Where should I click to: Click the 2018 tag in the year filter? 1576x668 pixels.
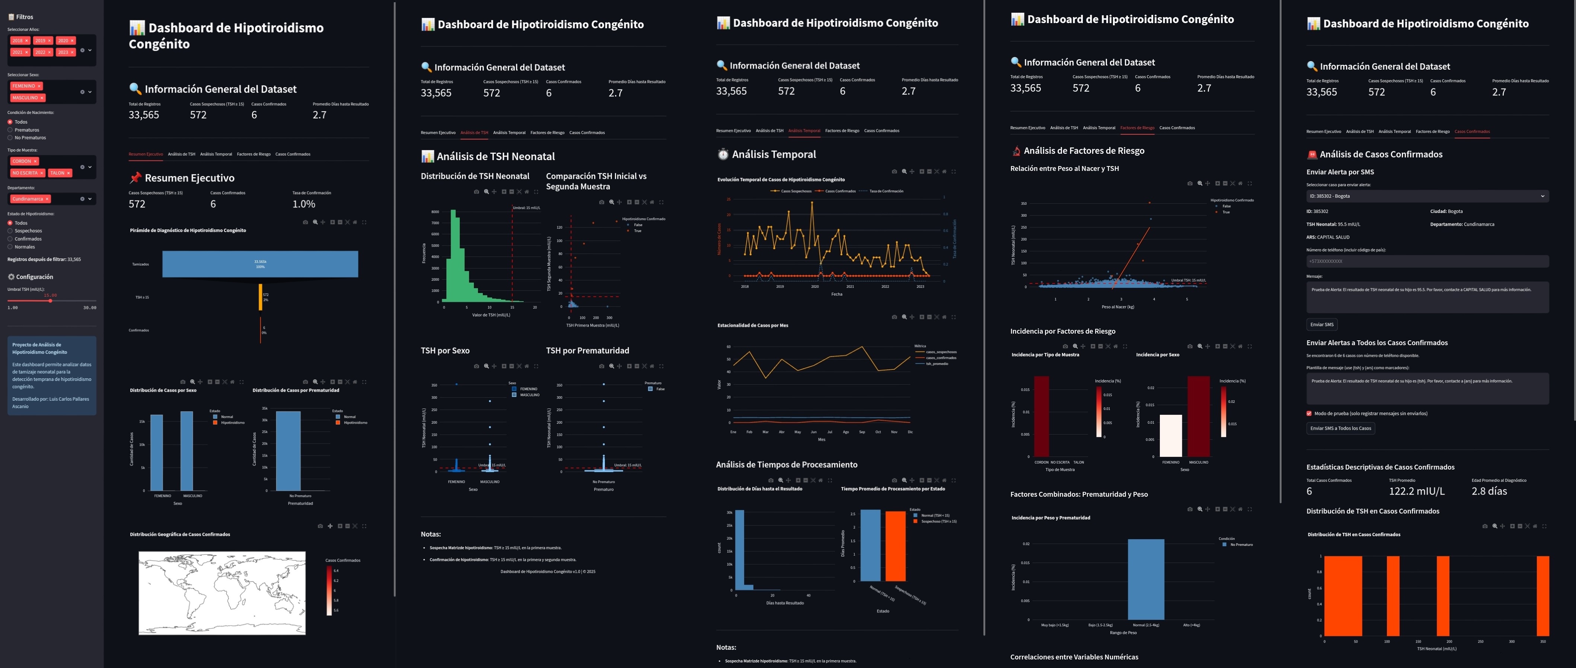coord(17,41)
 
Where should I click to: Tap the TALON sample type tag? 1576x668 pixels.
coord(58,173)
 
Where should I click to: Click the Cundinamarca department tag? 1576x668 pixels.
coord(28,199)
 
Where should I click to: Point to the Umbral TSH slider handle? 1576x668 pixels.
coord(50,300)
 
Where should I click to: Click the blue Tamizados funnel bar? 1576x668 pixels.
coord(260,264)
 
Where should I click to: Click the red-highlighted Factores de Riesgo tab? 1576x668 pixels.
coord(1137,128)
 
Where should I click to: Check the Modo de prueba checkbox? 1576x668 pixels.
coord(1309,413)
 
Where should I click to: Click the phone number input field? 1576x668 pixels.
coord(1427,261)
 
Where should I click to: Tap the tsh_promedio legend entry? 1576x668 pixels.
coord(936,364)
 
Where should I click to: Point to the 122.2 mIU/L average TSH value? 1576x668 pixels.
coord(1416,491)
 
